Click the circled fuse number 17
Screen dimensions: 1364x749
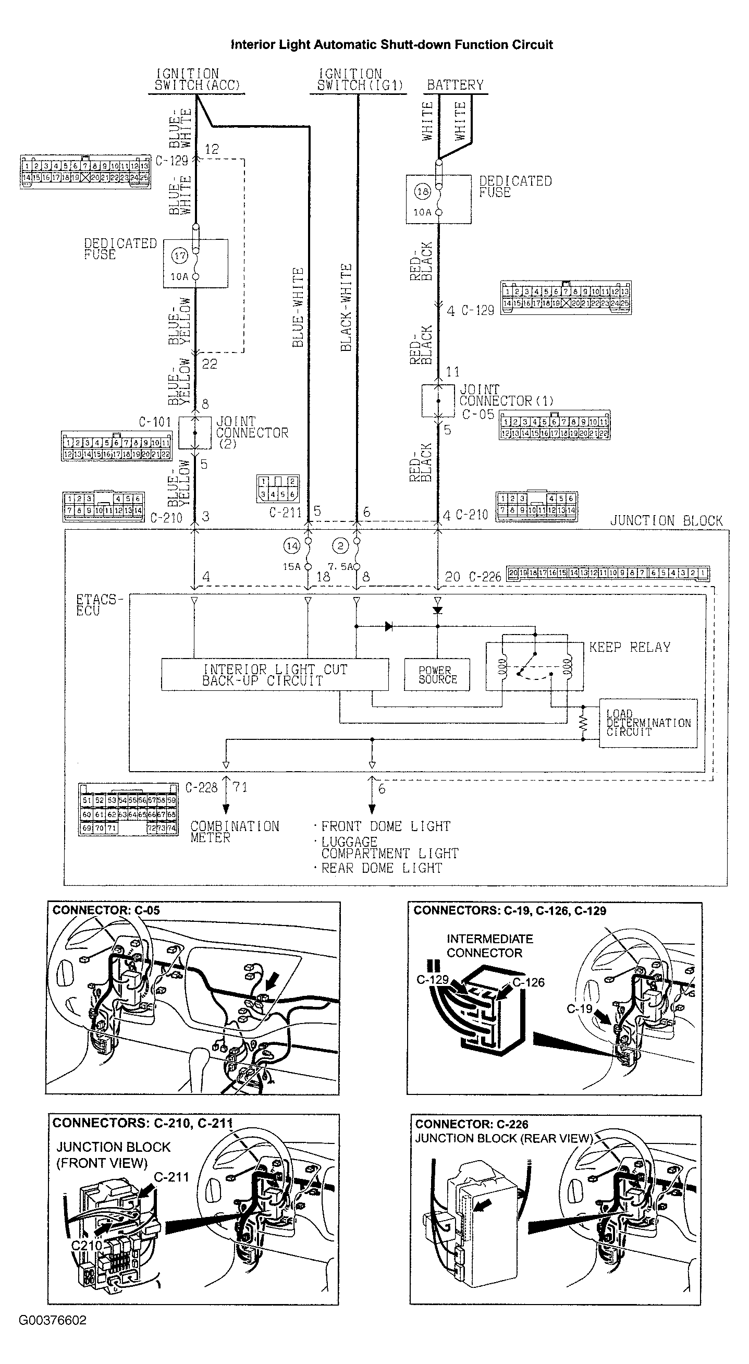coord(180,255)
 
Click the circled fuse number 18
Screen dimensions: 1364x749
coord(422,192)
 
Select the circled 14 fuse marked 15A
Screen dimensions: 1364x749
coord(292,546)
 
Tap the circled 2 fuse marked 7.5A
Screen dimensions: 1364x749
coord(340,546)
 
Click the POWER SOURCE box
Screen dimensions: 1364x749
coord(437,675)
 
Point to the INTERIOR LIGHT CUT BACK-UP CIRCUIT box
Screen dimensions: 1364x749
coord(275,675)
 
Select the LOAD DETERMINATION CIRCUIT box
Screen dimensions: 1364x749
coord(648,723)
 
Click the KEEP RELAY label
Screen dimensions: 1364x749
coord(629,647)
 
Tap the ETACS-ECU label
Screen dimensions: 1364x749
coord(99,605)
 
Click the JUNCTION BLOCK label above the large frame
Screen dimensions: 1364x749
coord(666,520)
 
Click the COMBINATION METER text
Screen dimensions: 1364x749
coord(234,832)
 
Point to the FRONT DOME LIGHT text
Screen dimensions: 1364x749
coord(385,826)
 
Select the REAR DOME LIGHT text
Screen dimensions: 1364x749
coord(381,868)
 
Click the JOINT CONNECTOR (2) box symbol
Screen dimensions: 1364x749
coord(195,433)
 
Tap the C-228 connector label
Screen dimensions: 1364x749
coord(201,787)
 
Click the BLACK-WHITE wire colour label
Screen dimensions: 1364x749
coord(346,307)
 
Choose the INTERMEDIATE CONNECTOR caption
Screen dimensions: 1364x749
coord(489,946)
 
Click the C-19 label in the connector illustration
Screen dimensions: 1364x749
coord(579,1009)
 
